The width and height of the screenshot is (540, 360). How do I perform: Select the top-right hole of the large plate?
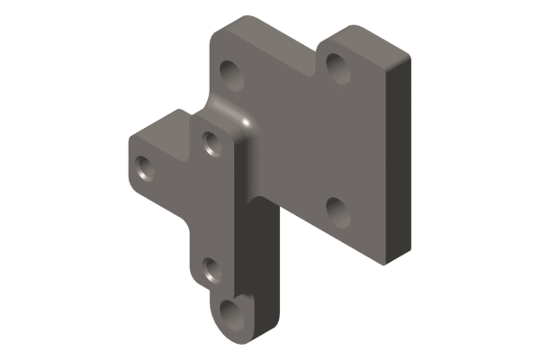click(337, 64)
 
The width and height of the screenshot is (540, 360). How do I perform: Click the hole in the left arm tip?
click(145, 166)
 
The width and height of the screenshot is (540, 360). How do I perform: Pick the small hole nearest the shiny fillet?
click(212, 142)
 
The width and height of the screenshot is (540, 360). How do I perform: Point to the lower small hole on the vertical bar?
click(211, 269)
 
